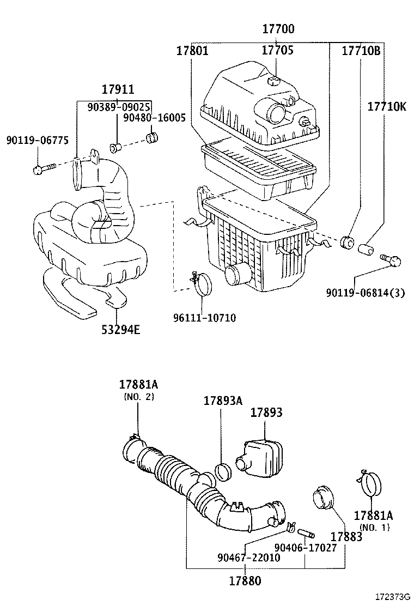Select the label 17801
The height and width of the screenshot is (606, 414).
click(192, 51)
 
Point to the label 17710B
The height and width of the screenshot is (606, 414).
click(361, 51)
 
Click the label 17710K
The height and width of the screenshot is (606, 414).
click(386, 106)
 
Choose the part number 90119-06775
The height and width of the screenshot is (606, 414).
click(37, 140)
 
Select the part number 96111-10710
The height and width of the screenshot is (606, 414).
click(205, 317)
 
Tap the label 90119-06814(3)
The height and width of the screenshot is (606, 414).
click(366, 293)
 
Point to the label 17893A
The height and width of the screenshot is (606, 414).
click(222, 401)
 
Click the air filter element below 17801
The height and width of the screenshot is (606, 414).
click(259, 169)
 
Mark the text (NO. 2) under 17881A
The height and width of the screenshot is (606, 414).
click(138, 396)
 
